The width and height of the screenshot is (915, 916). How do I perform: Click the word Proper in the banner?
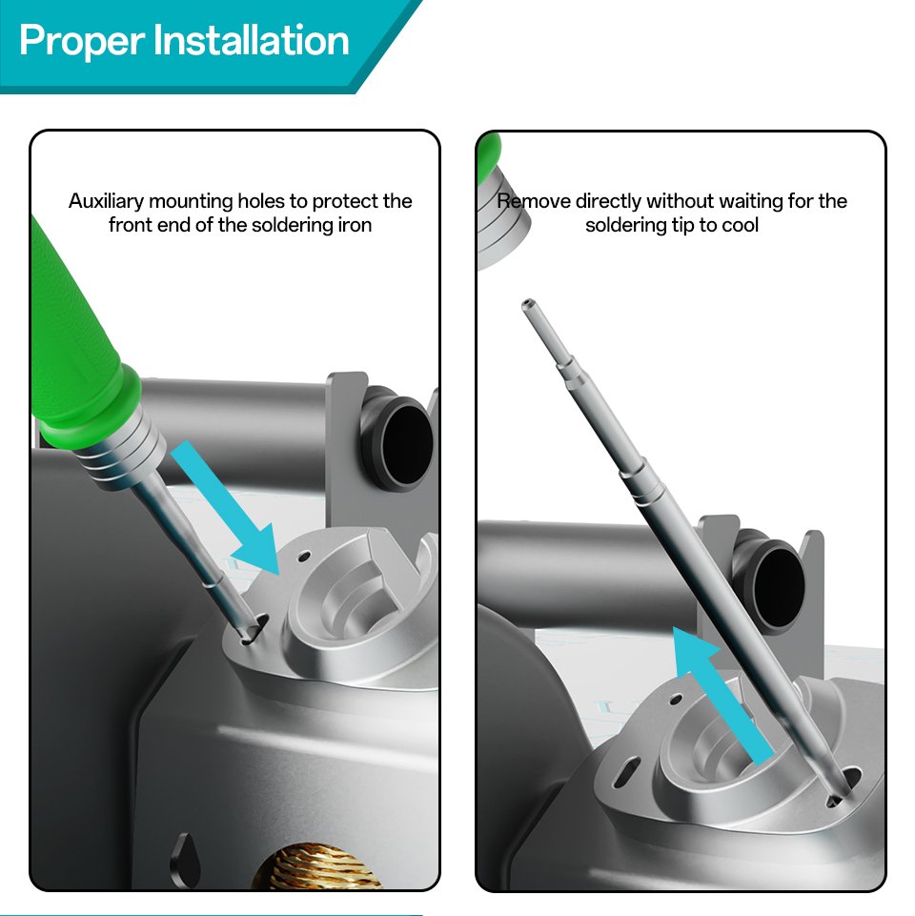[x=82, y=41]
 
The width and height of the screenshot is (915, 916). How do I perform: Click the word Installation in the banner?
[x=252, y=40]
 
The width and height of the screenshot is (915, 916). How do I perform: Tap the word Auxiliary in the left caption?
[x=107, y=201]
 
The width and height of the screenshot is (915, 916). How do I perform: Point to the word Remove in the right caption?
[x=534, y=201]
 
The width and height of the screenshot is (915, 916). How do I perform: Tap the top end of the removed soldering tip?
[x=529, y=304]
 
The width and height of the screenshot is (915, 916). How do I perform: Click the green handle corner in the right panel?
[x=489, y=154]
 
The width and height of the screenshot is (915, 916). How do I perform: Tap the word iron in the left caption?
[x=356, y=225]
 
